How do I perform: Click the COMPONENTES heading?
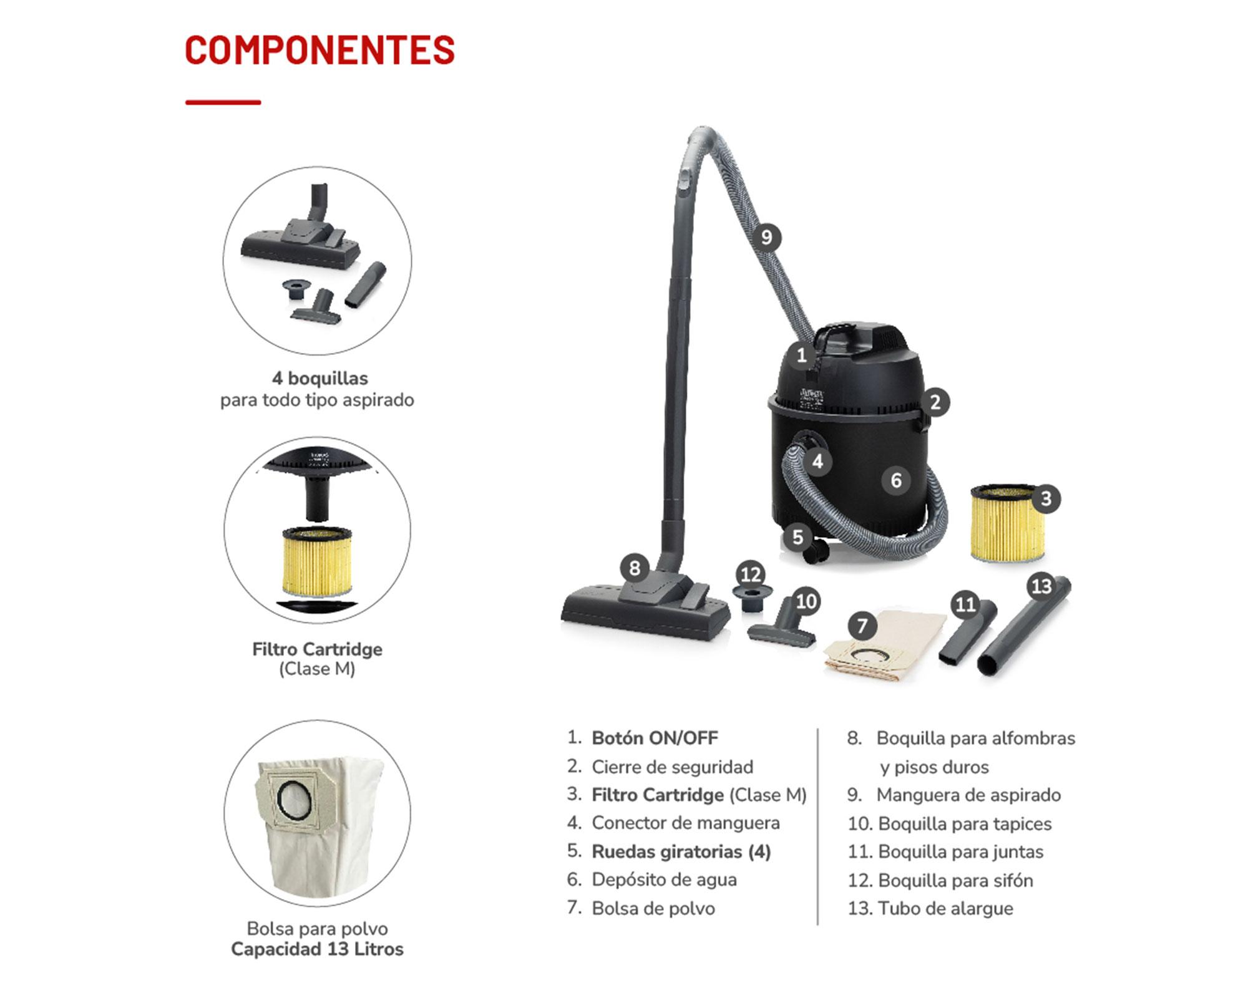pos(319,50)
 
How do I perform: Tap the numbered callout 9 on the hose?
pos(766,237)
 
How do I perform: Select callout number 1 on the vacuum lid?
pos(802,356)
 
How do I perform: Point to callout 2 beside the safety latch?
pos(935,402)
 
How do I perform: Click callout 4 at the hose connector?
pos(817,462)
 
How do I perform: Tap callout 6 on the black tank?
pos(896,480)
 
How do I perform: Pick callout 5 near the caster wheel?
pos(797,537)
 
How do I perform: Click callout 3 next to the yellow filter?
pos(1046,498)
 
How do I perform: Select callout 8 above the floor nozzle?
pos(635,568)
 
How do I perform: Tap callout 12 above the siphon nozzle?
pos(751,574)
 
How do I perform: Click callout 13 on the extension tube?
pos(1041,586)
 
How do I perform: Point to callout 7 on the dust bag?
pos(862,626)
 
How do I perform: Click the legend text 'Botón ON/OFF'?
pos(655,738)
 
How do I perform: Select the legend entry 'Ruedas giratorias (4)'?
pos(681,851)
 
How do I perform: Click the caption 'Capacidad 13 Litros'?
pos(317,949)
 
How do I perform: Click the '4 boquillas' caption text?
pos(319,378)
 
